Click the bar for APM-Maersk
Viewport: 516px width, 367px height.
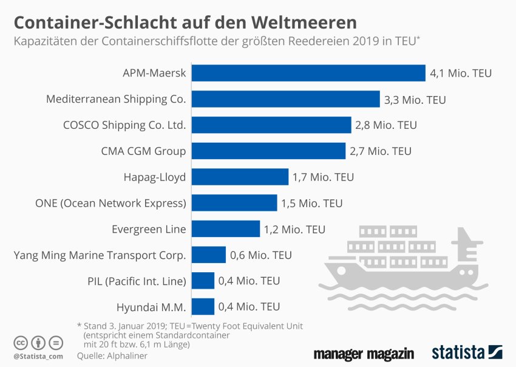point(308,73)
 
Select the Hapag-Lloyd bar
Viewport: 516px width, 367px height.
point(240,177)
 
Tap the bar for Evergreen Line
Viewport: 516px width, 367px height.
point(226,229)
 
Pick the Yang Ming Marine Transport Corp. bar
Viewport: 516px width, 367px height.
point(209,255)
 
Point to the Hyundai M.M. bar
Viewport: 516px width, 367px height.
point(203,307)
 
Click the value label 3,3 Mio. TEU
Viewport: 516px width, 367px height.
point(415,99)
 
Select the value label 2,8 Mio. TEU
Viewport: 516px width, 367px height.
point(387,125)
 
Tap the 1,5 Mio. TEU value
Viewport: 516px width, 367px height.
point(312,203)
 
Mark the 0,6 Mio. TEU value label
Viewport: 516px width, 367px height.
point(261,255)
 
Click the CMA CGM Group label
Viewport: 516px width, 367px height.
point(143,151)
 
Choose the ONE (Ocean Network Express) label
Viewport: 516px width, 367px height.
point(111,203)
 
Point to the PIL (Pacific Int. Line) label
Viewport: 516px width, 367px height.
point(137,281)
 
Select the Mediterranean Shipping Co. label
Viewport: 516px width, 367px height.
point(116,99)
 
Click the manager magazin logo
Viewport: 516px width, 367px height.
point(364,354)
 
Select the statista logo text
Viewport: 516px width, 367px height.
point(458,352)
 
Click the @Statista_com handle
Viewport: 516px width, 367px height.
point(39,356)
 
